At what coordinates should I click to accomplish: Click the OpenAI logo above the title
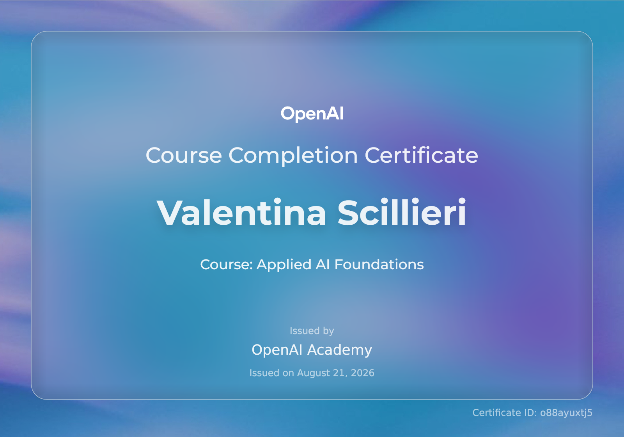click(x=312, y=114)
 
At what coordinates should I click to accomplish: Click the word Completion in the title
click(x=293, y=156)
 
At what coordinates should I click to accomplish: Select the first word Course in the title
click(x=184, y=156)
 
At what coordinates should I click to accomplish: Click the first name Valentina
click(x=241, y=212)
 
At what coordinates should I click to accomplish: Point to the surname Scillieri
click(x=402, y=212)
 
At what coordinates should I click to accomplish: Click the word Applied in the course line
click(x=284, y=265)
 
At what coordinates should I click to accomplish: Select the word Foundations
click(x=379, y=264)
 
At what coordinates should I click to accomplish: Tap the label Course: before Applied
click(x=226, y=265)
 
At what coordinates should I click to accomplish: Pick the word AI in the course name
click(x=323, y=264)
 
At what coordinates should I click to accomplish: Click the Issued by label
click(x=312, y=331)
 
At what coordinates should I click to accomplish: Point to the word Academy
click(x=340, y=350)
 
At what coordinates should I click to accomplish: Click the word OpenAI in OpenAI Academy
click(x=277, y=350)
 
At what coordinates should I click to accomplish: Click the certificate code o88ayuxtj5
click(x=566, y=413)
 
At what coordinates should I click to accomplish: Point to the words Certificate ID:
click(x=505, y=413)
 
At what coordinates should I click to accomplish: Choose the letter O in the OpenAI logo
click(x=287, y=114)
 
